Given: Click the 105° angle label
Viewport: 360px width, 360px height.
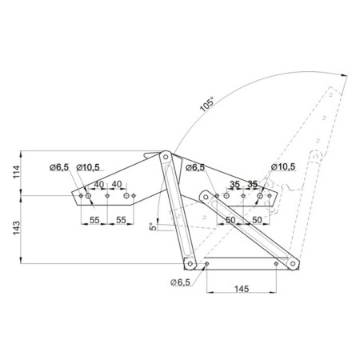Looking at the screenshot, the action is (207, 104).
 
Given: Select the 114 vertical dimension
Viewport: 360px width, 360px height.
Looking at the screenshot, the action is (16, 172).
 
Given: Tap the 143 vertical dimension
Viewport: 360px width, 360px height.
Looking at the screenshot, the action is (16, 228).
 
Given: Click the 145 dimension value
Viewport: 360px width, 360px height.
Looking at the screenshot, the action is (242, 289).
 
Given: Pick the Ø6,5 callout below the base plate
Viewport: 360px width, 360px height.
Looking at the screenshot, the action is (180, 282).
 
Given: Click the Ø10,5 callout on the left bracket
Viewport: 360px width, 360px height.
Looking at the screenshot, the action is (88, 167).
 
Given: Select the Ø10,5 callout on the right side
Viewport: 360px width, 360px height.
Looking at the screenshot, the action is (283, 166).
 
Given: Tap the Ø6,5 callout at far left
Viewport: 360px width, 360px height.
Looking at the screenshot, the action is (59, 167).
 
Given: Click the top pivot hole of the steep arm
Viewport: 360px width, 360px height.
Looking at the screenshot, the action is (166, 157).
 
